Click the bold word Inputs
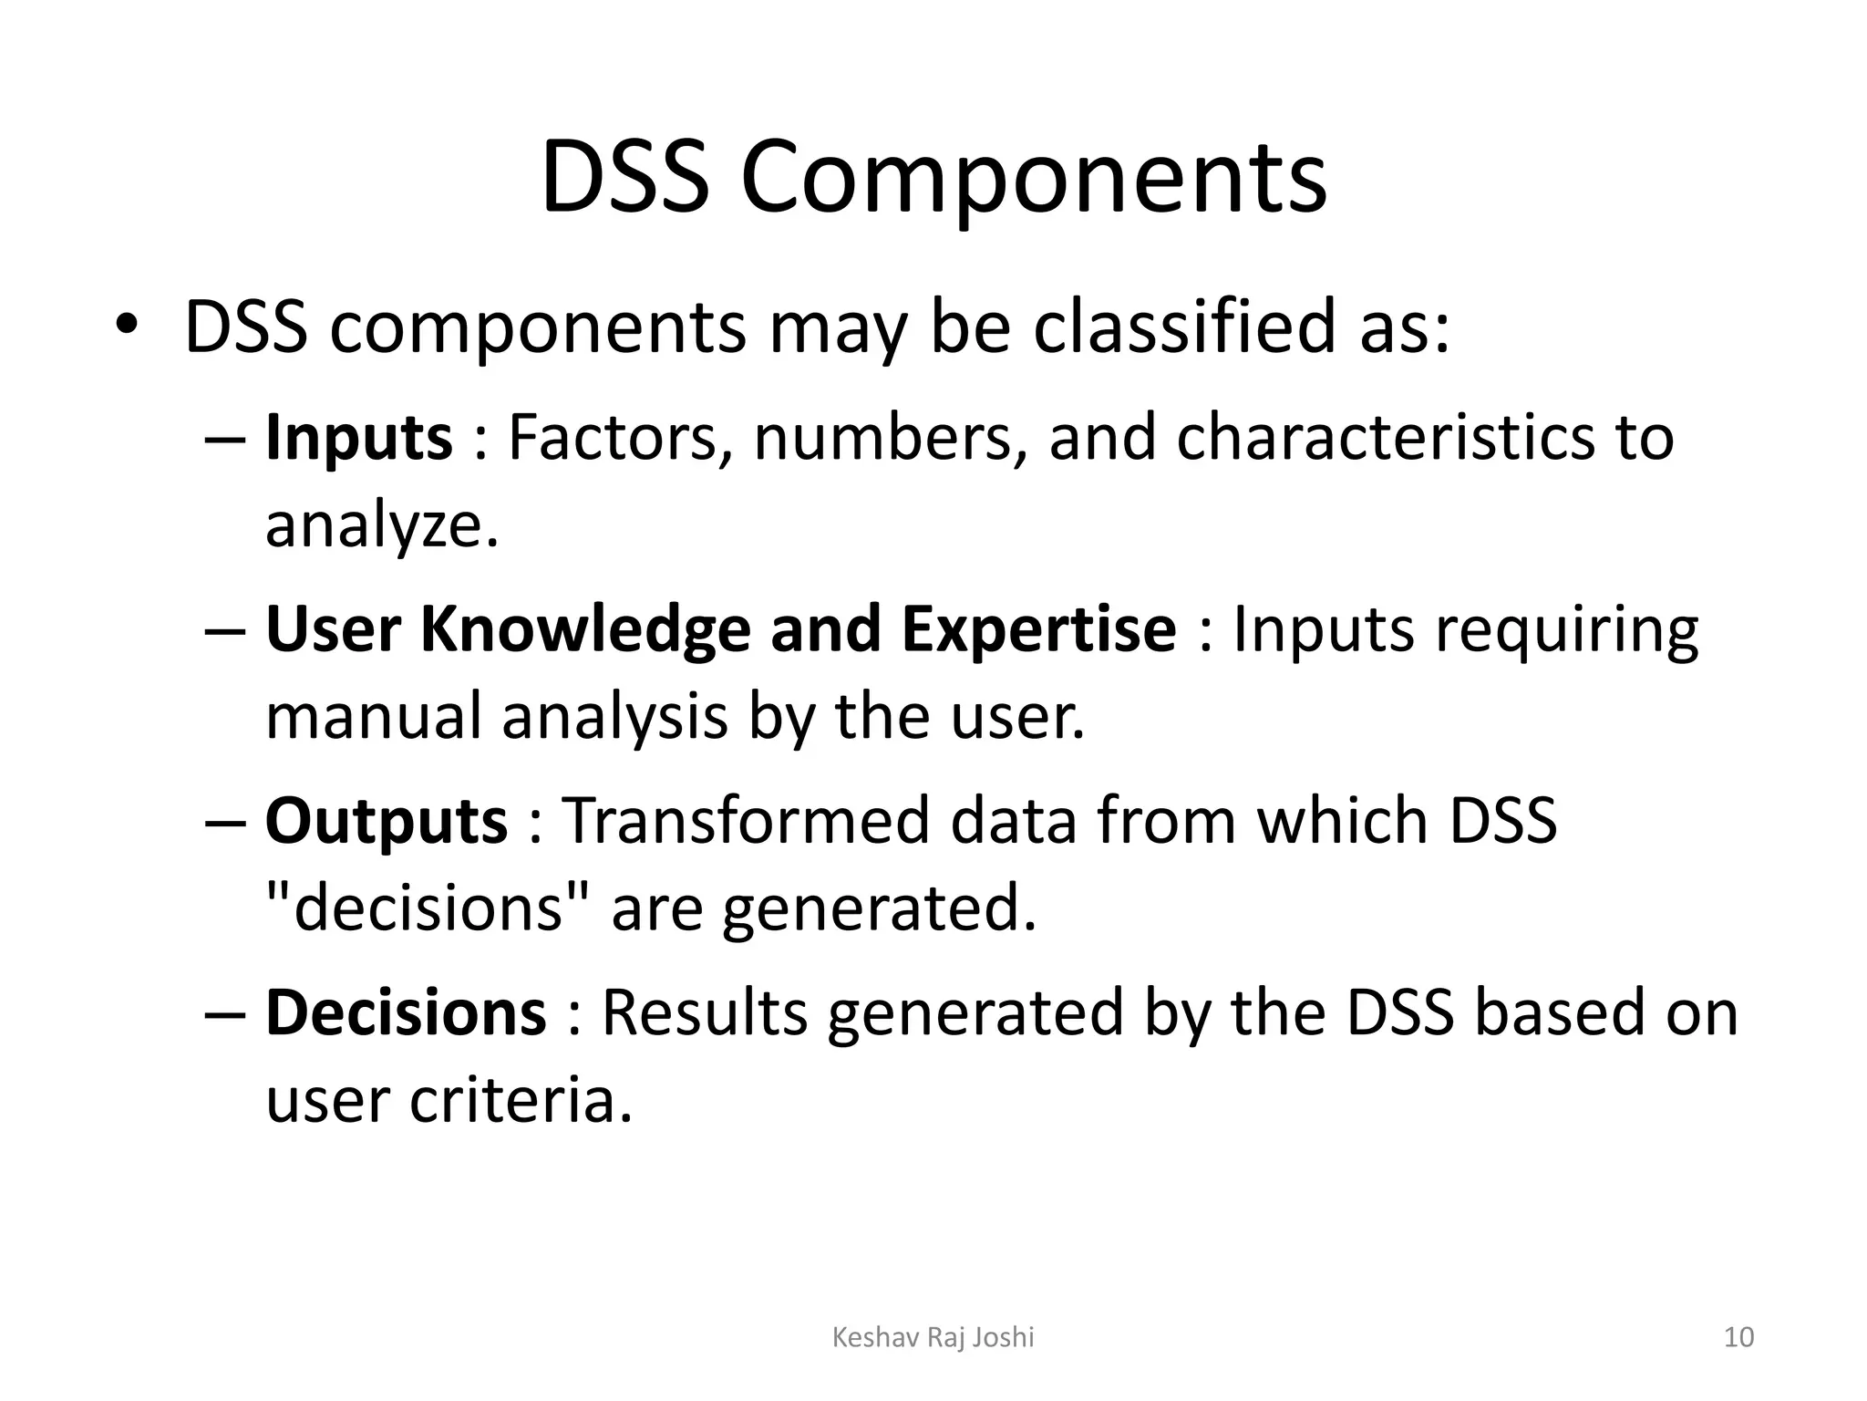[358, 438]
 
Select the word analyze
[382, 526]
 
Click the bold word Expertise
[1038, 629]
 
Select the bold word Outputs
[386, 821]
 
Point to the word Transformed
[747, 821]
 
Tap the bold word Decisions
[406, 1012]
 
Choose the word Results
[705, 1012]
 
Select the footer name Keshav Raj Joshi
[933, 1337]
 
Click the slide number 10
[1738, 1337]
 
